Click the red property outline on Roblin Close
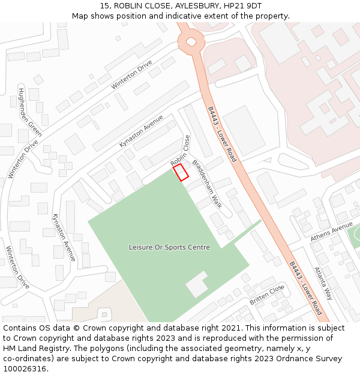181,172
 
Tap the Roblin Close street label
180,151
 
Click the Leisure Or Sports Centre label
169,247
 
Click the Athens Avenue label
332,232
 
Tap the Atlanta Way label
323,283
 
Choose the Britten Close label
267,295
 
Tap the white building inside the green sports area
197,284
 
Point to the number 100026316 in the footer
25,368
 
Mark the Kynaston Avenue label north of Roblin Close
141,131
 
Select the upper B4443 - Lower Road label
223,134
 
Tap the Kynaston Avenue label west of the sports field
64,236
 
